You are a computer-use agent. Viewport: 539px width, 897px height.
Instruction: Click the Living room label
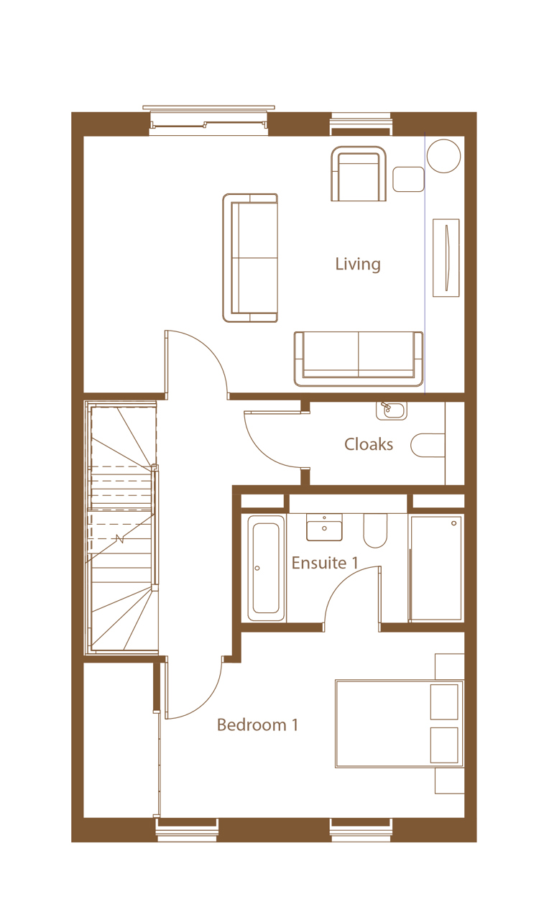[358, 264]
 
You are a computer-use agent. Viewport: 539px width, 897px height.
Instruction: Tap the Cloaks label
[369, 444]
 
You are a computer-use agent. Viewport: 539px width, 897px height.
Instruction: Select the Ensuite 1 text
[324, 563]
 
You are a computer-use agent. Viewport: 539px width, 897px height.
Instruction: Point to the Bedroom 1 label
[257, 724]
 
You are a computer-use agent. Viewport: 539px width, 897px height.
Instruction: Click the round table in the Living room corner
[443, 156]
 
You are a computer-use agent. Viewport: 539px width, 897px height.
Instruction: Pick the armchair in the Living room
[359, 173]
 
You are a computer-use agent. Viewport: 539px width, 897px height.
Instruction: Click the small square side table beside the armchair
[408, 179]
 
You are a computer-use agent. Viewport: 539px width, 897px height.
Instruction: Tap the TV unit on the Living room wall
[446, 257]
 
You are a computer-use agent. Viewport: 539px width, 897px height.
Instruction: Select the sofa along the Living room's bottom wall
[359, 359]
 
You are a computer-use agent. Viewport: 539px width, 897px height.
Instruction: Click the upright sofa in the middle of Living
[250, 258]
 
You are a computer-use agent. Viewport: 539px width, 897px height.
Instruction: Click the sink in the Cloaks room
[391, 411]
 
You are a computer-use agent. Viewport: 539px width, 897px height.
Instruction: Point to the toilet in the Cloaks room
[428, 445]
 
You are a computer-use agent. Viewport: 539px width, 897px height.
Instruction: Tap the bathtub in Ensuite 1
[266, 568]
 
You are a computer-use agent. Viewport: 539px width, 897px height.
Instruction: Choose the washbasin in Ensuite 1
[324, 527]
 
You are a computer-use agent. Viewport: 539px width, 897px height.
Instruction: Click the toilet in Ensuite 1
[375, 530]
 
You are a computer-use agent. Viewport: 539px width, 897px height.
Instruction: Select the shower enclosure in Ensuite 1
[436, 569]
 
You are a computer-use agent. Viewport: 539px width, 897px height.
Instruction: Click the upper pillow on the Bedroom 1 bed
[443, 701]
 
